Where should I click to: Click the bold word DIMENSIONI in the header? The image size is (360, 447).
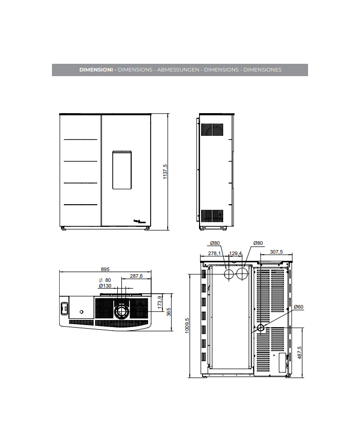pos(96,70)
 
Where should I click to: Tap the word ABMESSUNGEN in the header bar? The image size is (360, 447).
pos(178,70)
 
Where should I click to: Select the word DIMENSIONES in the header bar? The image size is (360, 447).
pos(262,70)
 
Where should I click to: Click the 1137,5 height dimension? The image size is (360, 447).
pos(165,172)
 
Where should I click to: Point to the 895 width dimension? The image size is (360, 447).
pos(105,269)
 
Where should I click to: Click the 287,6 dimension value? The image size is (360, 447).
pos(136,276)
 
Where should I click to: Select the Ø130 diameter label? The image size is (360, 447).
pos(105,286)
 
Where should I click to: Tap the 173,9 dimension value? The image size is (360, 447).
pos(160,302)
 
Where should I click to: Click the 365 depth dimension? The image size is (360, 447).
pos(169,312)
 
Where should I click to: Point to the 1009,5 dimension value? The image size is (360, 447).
pos(187,326)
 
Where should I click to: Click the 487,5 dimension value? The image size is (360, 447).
pos(299,353)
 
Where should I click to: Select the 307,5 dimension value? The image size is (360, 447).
pos(276,252)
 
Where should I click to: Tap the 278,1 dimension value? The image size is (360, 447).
pos(214,253)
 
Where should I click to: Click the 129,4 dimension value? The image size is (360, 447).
pos(236,253)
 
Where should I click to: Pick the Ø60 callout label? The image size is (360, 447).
pos(298,307)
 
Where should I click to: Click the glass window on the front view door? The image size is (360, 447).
pos(122,170)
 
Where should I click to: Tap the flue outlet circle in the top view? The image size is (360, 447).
pos(122,311)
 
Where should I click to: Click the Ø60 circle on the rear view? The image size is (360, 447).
pos(261,328)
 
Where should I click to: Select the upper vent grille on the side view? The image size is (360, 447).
pos(212,130)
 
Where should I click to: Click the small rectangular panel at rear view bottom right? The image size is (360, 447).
pos(282,363)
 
